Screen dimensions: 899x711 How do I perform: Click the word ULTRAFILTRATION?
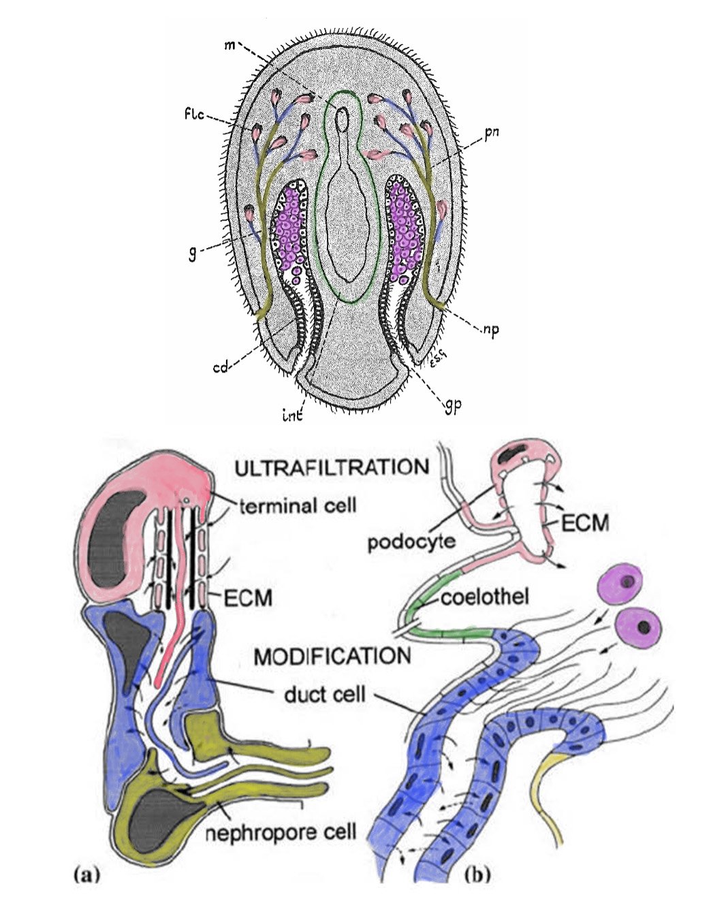click(x=332, y=468)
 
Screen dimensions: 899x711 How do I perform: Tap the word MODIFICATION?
click(x=332, y=657)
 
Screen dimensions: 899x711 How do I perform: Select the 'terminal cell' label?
click(x=298, y=505)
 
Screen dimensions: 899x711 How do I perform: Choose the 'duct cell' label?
click(x=325, y=695)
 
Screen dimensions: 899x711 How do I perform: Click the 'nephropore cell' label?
click(x=281, y=832)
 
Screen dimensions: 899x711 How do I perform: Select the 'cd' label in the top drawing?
click(x=220, y=368)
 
